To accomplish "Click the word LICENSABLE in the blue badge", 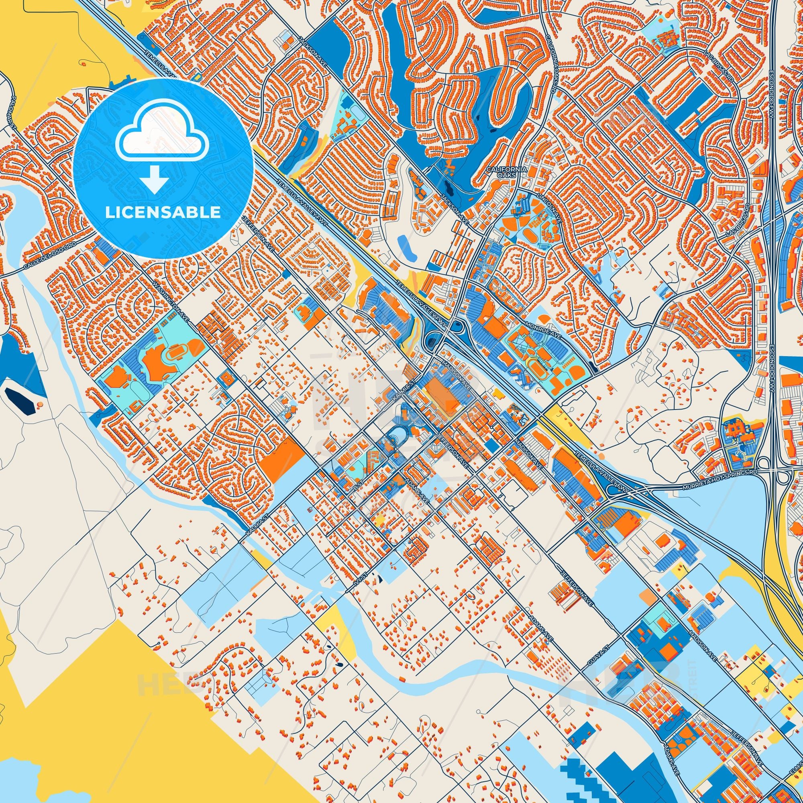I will (163, 212).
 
